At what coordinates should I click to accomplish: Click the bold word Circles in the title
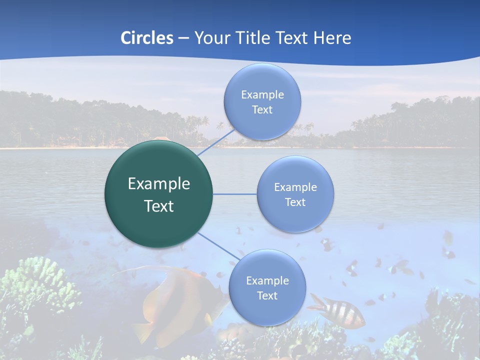pyautogui.click(x=147, y=38)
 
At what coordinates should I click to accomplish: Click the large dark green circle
pyautogui.click(x=159, y=194)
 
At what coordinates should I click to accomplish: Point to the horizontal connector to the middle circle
pyautogui.click(x=235, y=194)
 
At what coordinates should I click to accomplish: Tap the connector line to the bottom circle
pyautogui.click(x=219, y=246)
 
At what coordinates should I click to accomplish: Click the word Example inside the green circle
pyautogui.click(x=159, y=184)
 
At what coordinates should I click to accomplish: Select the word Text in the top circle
pyautogui.click(x=262, y=110)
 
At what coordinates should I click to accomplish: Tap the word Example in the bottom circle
pyautogui.click(x=267, y=281)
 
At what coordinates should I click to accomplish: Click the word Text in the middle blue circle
pyautogui.click(x=295, y=202)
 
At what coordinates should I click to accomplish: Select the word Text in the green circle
pyautogui.click(x=159, y=206)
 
